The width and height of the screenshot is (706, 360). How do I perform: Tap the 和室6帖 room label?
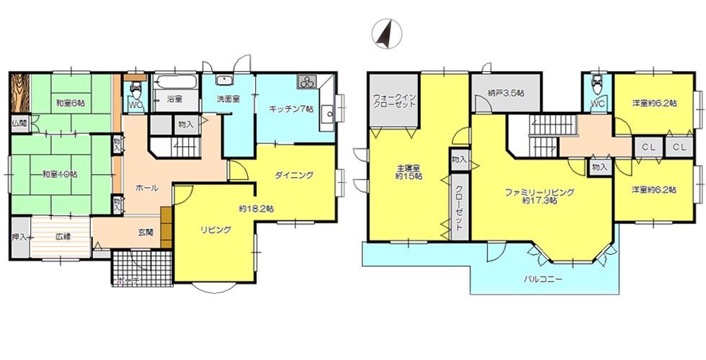[71, 104]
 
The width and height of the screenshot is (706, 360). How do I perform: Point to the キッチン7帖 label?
[291, 109]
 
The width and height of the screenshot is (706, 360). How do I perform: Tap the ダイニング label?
[294, 174]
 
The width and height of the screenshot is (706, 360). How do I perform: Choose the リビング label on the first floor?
[215, 230]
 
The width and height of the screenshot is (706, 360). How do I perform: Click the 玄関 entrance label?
[146, 233]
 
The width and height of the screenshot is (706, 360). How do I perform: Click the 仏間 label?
[17, 123]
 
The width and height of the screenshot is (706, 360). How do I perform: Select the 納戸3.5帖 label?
[505, 92]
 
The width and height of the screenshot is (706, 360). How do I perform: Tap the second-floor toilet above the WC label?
[596, 86]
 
